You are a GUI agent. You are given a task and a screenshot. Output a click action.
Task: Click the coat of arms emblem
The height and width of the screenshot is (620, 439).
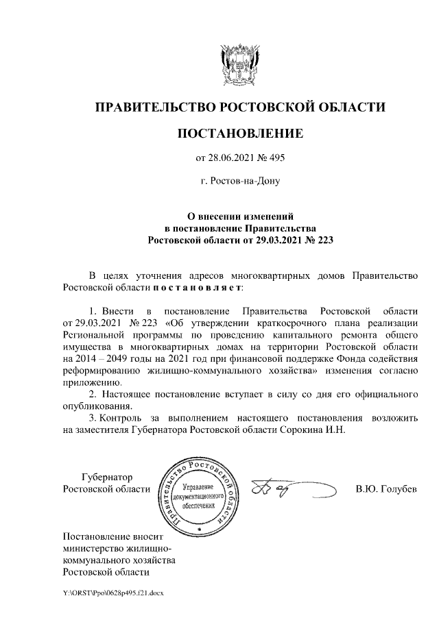(239, 64)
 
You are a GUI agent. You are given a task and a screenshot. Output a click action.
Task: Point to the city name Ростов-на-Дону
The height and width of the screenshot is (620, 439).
(240, 182)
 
